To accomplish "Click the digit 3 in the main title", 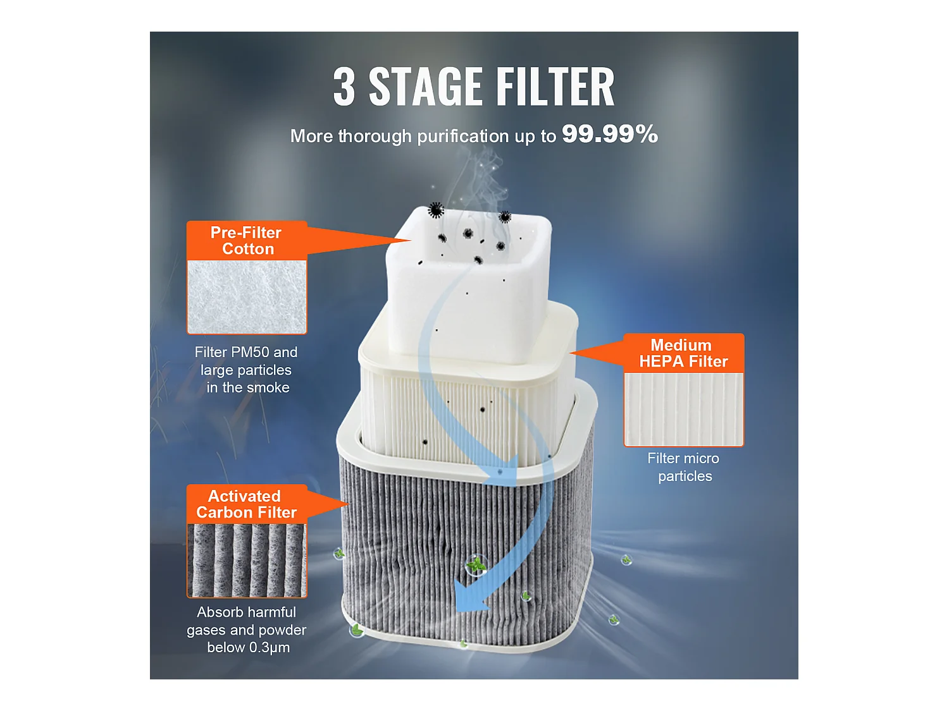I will click(x=344, y=87).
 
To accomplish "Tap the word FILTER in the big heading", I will click(x=555, y=87).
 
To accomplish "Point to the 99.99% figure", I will click(x=609, y=134).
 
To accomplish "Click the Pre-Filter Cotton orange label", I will click(x=247, y=241).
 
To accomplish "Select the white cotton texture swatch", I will click(x=247, y=297).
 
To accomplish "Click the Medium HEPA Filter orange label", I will click(x=683, y=353).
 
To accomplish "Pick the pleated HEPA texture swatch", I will click(x=683, y=409).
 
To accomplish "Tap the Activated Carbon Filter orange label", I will click(x=247, y=504).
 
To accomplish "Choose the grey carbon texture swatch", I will click(x=247, y=561).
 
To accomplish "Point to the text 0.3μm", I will click(x=270, y=648).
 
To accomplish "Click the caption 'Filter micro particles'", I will click(x=684, y=467).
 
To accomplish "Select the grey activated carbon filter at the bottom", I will click(x=418, y=544).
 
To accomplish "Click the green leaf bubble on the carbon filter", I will click(x=476, y=564).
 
